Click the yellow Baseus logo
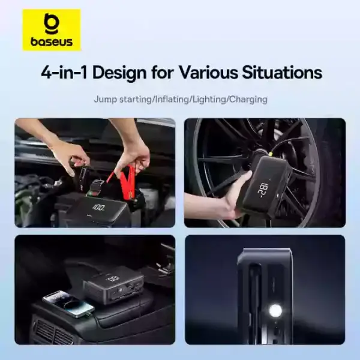(x=52, y=30)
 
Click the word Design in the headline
(x=119, y=73)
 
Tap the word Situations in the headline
(x=282, y=73)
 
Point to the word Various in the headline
(x=208, y=73)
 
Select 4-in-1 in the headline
(x=64, y=73)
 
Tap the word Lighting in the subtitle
(x=210, y=100)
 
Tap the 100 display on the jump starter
(x=99, y=208)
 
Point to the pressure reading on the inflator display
(x=263, y=189)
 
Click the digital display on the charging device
(x=112, y=280)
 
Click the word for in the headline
(x=163, y=73)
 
